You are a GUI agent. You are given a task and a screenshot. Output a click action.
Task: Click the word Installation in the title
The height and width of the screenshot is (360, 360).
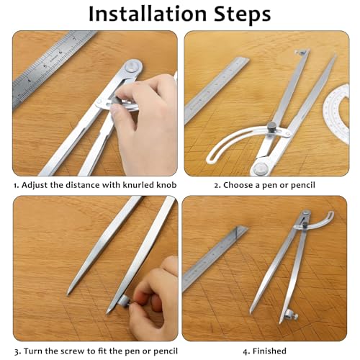[148, 14]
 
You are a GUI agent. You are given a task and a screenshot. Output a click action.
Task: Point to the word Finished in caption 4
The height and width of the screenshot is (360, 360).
[269, 351]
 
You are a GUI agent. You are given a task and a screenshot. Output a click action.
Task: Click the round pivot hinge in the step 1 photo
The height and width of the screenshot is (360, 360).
[133, 66]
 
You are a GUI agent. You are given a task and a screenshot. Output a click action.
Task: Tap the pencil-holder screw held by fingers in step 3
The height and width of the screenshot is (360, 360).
[125, 301]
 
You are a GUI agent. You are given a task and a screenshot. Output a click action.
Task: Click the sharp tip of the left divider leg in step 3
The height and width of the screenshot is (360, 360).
[68, 294]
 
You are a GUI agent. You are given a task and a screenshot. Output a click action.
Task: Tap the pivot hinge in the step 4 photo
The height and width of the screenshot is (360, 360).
[305, 214]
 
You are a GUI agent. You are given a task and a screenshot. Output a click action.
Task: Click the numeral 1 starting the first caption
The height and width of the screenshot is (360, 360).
[16, 186]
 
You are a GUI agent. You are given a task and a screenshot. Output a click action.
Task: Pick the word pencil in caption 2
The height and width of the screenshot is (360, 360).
[302, 186]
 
